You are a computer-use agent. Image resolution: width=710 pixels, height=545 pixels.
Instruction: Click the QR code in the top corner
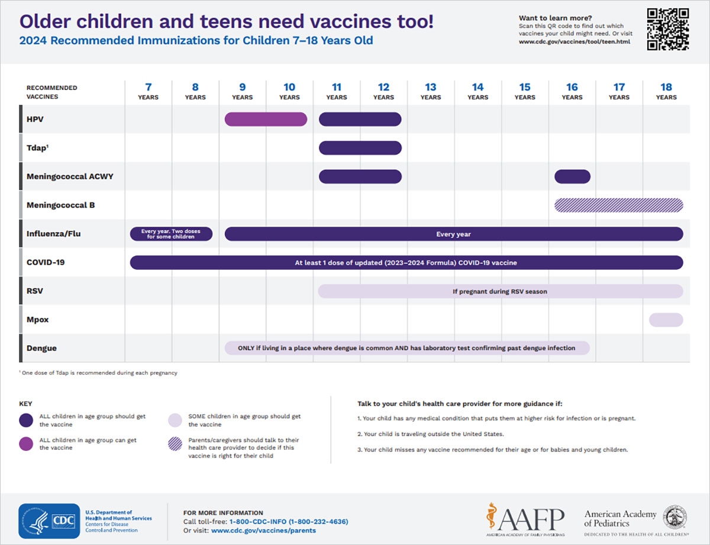[x=667, y=29]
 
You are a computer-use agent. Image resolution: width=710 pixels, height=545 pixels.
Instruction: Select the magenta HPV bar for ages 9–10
[x=266, y=119]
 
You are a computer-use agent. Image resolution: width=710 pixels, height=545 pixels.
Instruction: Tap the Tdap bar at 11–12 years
[x=360, y=148]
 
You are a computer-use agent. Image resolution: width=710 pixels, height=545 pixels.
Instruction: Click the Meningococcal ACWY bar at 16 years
[x=572, y=176]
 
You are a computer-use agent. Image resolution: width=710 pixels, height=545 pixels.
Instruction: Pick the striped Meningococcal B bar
[x=618, y=205]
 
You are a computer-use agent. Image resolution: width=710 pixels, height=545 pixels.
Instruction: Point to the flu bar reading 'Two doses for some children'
[x=171, y=234]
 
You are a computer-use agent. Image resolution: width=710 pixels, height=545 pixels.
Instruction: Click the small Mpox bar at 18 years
[x=666, y=320]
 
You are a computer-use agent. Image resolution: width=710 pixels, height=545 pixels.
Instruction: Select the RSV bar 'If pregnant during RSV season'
[x=500, y=291]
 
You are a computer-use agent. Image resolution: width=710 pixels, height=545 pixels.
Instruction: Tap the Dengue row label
[x=41, y=349]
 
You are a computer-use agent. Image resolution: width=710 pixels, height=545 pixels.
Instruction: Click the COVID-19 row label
[x=46, y=262]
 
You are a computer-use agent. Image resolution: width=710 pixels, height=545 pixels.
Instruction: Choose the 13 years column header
[x=430, y=92]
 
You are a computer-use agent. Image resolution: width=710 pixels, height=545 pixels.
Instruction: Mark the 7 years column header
[x=148, y=92]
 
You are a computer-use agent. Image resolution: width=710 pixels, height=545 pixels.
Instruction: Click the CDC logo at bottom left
[x=49, y=521]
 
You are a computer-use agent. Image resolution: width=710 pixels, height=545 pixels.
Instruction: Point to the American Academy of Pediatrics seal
[x=674, y=517]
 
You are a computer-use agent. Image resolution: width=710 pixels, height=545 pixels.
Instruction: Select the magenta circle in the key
[x=26, y=444]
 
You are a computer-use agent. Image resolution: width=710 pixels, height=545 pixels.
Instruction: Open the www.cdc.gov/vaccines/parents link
[x=263, y=530]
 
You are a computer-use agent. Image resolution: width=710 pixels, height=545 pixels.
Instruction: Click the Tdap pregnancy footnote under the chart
[x=98, y=373]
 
